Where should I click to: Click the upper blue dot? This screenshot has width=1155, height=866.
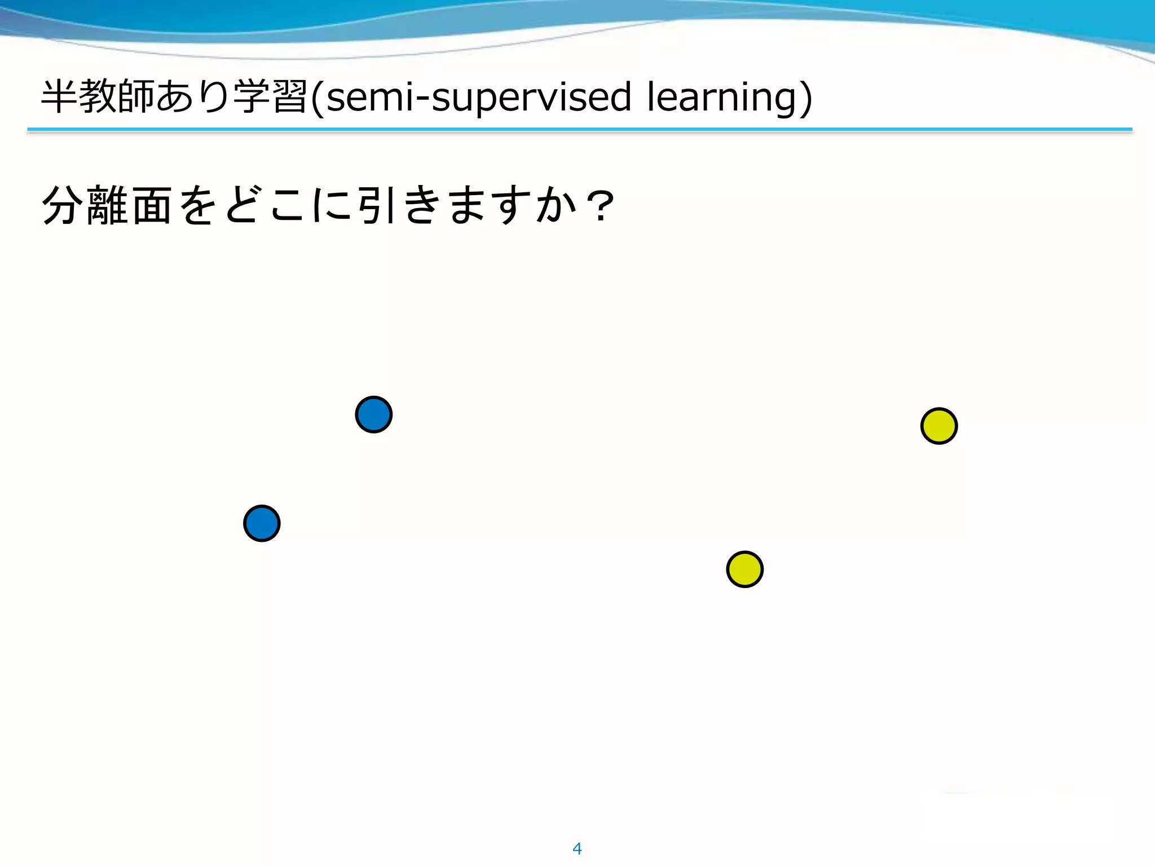pyautogui.click(x=373, y=414)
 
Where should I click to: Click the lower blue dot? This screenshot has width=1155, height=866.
pyautogui.click(x=262, y=523)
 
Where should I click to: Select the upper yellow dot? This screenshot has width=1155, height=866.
pyautogui.click(x=938, y=426)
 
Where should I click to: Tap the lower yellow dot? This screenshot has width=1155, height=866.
pyautogui.click(x=744, y=569)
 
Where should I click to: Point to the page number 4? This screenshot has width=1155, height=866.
pyautogui.click(x=577, y=848)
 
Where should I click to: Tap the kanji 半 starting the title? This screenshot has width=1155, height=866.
pyautogui.click(x=59, y=96)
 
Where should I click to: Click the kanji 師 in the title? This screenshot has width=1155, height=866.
pyautogui.click(x=136, y=96)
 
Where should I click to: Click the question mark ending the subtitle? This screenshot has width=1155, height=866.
pyautogui.click(x=600, y=206)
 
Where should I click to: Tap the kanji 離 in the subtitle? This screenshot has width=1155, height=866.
pyautogui.click(x=107, y=205)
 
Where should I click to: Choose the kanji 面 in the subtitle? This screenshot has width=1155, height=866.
pyautogui.click(x=152, y=205)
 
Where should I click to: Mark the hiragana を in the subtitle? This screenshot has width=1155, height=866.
pyautogui.click(x=197, y=205)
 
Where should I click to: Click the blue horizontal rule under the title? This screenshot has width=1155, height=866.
pyautogui.click(x=580, y=129)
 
